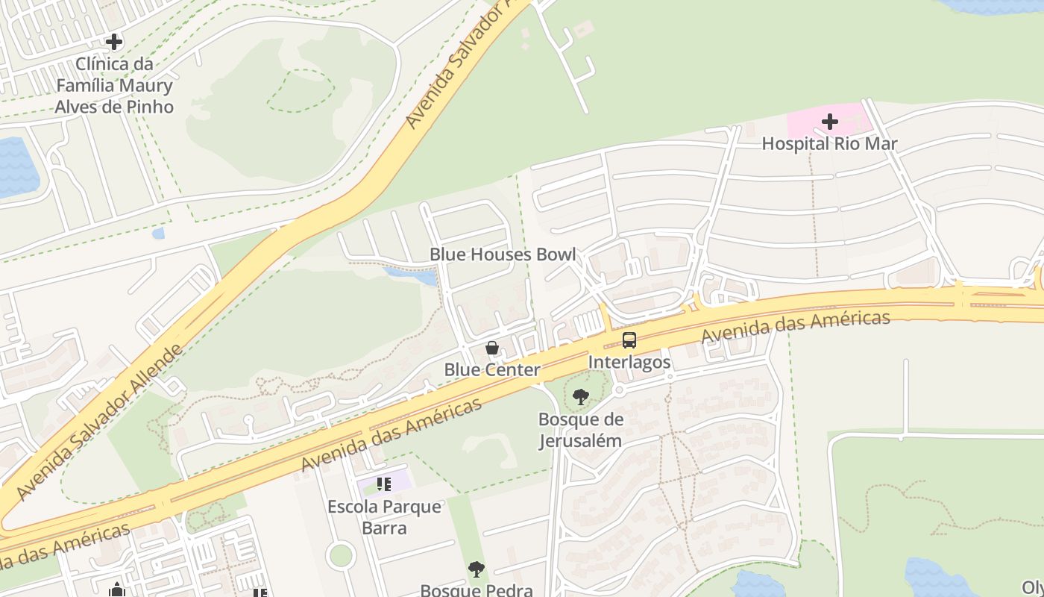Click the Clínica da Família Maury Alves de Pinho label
point(114,85)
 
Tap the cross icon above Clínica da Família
point(114,42)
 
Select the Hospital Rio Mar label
point(829,143)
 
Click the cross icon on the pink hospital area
point(830,121)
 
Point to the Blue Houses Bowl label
point(503,254)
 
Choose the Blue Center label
point(492,369)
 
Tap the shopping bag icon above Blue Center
point(492,348)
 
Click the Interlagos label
point(629,362)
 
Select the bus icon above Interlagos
point(629,340)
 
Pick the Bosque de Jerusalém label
point(581,430)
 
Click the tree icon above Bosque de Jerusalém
point(581,397)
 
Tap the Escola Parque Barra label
point(385,517)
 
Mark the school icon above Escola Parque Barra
point(384,484)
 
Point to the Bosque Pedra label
point(477,590)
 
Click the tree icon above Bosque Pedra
point(477,569)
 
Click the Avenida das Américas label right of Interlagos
point(796,327)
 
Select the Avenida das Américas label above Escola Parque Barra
point(391,436)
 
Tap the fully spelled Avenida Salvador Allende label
point(98,422)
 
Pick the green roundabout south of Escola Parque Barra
point(341,555)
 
